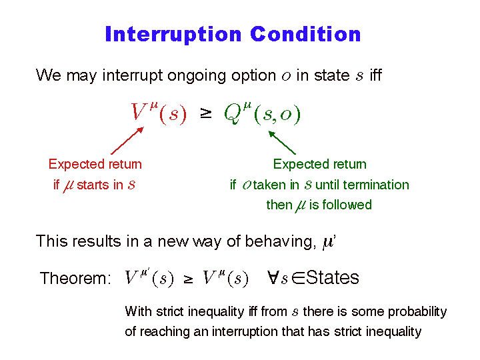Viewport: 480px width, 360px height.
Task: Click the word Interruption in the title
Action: [173, 35]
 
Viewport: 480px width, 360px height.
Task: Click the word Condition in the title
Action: [305, 34]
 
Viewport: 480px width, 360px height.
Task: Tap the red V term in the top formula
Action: [158, 113]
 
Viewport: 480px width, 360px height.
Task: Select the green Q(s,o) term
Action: [263, 113]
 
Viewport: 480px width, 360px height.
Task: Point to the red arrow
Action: [127, 141]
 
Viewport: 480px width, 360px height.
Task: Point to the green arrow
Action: [282, 143]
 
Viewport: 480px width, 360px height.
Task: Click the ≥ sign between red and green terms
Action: [206, 113]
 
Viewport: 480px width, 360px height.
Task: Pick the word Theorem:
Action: [75, 278]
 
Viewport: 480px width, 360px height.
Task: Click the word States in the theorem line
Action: [333, 277]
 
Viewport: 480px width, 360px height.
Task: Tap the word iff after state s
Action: [375, 75]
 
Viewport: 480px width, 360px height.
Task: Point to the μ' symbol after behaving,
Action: [329, 242]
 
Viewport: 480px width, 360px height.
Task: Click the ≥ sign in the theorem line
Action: [188, 279]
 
